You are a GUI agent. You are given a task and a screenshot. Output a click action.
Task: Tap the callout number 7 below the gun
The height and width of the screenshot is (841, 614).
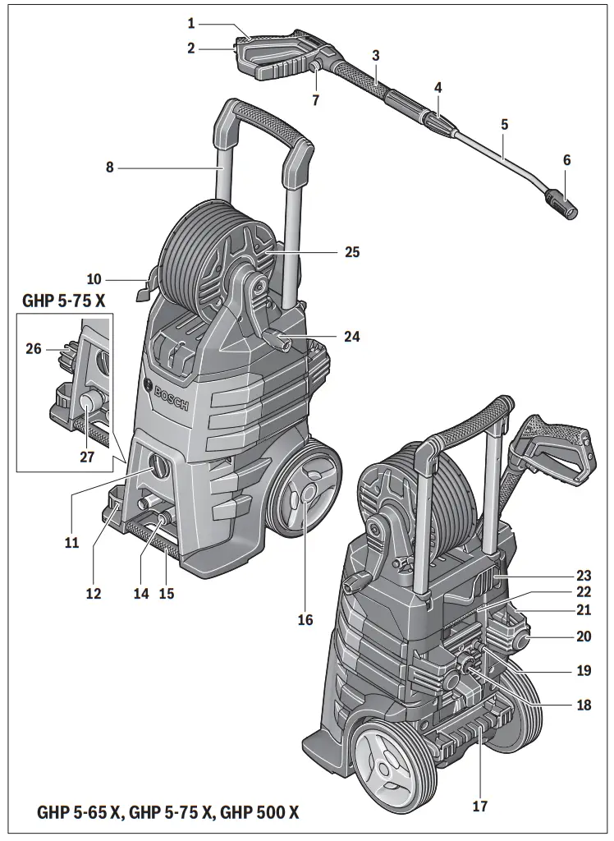click(315, 100)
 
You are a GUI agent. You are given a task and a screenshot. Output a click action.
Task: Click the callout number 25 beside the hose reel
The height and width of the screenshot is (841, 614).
click(352, 252)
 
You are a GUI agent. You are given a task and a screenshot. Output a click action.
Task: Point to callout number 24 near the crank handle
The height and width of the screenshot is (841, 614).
click(352, 337)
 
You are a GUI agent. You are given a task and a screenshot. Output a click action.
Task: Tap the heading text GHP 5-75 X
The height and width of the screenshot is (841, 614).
click(63, 301)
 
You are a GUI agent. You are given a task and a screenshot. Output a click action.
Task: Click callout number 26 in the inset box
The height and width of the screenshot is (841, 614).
click(34, 349)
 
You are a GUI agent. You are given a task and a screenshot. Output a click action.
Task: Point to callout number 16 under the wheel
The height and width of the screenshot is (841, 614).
click(305, 620)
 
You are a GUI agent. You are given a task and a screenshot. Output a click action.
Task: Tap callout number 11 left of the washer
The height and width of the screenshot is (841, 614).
click(71, 543)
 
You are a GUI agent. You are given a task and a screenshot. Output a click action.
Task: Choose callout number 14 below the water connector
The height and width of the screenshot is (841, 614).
click(142, 594)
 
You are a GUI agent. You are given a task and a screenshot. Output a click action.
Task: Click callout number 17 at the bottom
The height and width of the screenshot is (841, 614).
click(480, 807)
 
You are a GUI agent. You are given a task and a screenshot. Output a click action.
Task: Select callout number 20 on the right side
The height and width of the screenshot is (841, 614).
click(584, 636)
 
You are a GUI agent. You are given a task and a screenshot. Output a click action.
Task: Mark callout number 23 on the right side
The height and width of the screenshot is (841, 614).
click(584, 576)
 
